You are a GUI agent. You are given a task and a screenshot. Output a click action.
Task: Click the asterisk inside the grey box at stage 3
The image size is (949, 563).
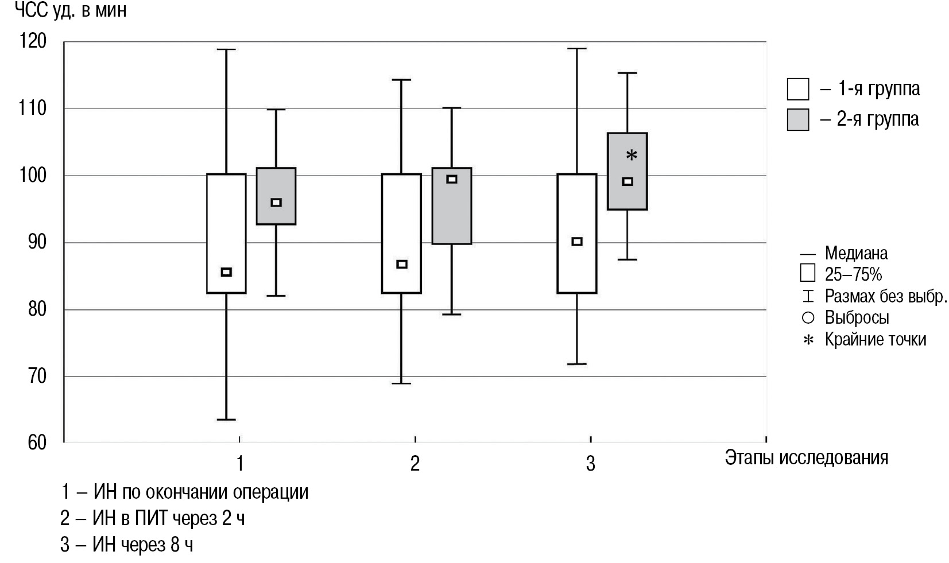(x=632, y=156)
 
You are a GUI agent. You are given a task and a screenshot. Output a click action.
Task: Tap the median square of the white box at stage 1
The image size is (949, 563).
(x=226, y=272)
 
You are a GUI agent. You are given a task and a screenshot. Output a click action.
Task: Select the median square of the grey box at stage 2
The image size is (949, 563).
(x=452, y=179)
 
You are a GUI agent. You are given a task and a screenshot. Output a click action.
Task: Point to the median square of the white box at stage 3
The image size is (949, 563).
(x=577, y=242)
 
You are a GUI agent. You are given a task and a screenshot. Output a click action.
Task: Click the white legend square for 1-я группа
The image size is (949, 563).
(x=797, y=89)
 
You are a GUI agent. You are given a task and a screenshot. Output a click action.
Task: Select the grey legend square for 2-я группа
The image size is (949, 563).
(x=797, y=119)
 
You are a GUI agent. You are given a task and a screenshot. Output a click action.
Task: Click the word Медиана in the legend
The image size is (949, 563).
(x=856, y=253)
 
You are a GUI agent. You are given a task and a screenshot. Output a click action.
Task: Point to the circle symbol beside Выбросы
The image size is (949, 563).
(x=808, y=317)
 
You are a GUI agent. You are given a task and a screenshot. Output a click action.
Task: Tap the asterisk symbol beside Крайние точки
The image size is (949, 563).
(x=808, y=340)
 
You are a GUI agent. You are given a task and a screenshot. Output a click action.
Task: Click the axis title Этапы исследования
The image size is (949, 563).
(x=806, y=457)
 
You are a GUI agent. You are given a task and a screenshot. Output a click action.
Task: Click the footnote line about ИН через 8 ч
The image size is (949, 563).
(x=127, y=544)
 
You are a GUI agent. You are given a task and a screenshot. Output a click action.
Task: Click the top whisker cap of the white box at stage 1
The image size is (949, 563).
(x=226, y=49)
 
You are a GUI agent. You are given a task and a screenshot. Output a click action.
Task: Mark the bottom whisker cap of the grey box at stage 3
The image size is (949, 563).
(x=627, y=259)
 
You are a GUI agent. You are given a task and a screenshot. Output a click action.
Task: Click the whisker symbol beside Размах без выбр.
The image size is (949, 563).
(x=808, y=296)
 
